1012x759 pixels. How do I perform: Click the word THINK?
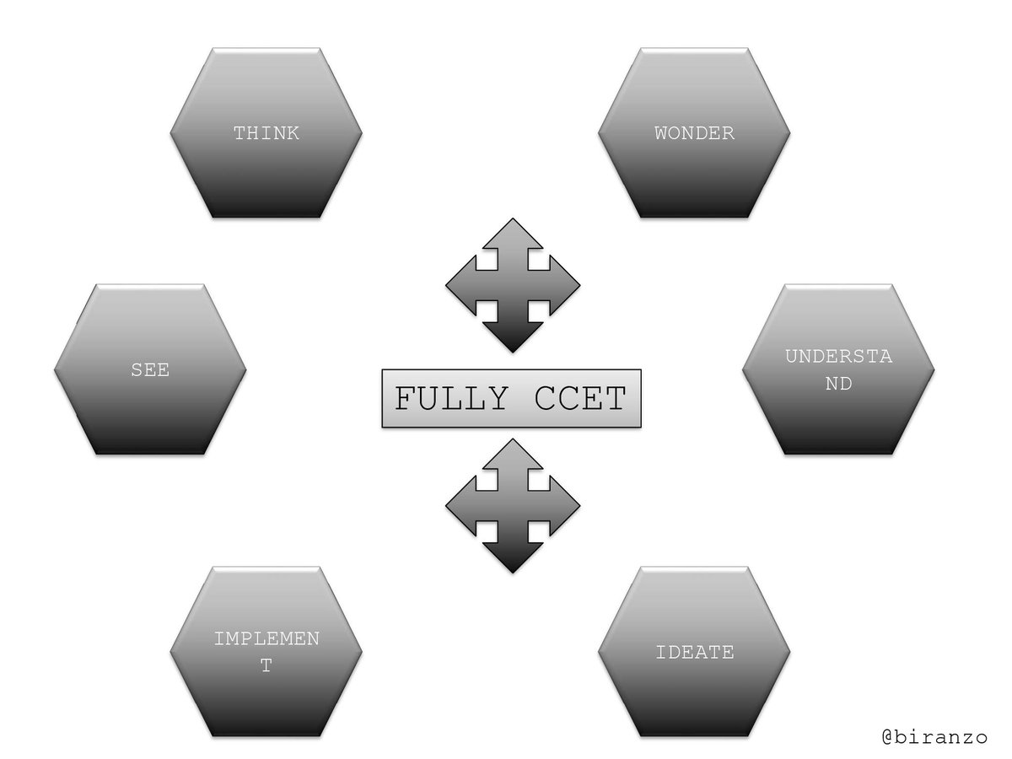[266, 133]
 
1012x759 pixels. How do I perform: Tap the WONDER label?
[694, 133]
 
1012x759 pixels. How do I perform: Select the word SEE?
[150, 370]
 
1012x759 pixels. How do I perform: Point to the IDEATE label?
[694, 653]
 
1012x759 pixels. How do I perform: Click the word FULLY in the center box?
[451, 398]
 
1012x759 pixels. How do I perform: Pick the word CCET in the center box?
[580, 398]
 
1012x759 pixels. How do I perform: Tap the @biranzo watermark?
[934, 737]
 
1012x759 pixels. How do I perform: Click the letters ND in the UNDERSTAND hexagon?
[838, 384]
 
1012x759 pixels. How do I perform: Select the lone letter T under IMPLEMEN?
[266, 666]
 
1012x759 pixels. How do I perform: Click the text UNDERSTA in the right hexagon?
[838, 356]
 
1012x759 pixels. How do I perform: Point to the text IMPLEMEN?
[266, 638]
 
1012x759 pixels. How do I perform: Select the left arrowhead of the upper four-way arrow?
[460, 286]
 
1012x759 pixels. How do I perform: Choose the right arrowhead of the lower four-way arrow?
[565, 506]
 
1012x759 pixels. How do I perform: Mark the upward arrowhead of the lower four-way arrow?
[512, 454]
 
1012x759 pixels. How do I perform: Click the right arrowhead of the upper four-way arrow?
[565, 286]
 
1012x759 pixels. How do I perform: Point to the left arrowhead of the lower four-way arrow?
[460, 506]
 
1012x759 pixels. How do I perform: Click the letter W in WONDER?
[661, 133]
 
